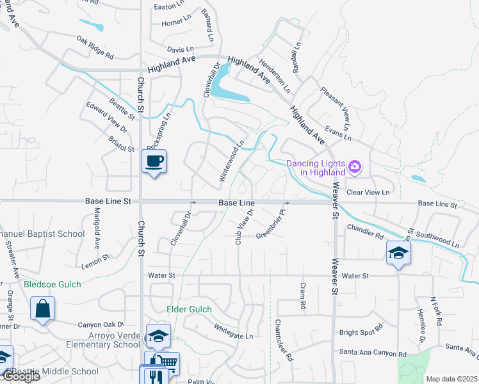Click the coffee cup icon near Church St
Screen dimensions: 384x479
[154, 161]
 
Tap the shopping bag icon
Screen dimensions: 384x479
[43, 309]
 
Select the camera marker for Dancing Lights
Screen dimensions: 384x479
[356, 168]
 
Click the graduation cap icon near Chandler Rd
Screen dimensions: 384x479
[398, 253]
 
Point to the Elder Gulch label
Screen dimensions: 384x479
[189, 310]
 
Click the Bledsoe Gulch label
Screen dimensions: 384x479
[53, 284]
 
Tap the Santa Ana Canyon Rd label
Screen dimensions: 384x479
[373, 353]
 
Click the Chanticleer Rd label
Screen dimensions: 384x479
[284, 340]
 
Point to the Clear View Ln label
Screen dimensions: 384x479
[368, 192]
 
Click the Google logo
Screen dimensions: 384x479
[20, 376]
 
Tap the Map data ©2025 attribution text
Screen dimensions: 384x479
[451, 379]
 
